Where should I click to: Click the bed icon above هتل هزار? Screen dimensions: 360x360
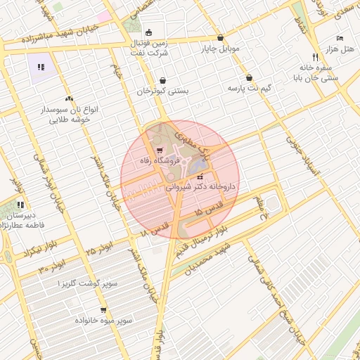coord(340,38)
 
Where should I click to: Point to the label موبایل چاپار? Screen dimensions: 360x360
coord(221,49)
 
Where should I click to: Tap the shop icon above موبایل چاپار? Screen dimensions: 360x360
coord(221,38)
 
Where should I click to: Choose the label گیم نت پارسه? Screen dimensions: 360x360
coord(249,89)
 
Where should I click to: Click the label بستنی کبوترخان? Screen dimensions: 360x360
coord(163,91)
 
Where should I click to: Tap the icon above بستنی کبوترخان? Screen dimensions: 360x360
coord(163,80)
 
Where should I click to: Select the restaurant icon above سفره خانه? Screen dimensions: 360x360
coord(315,56)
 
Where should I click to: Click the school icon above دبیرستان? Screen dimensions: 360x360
coord(20,205)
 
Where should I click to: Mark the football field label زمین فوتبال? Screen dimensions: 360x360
coord(149,43)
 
